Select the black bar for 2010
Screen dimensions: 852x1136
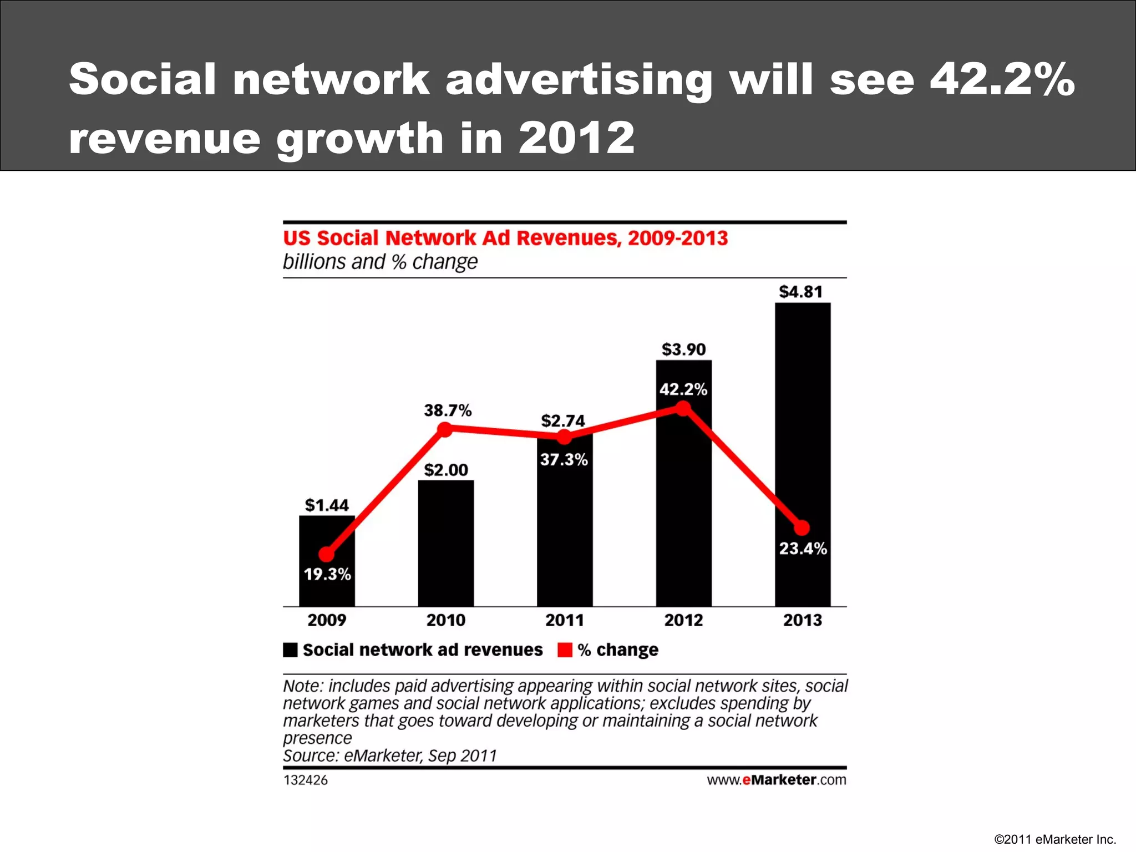click(446, 544)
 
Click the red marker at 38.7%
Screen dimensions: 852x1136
click(445, 429)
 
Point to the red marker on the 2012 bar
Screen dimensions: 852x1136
click(683, 409)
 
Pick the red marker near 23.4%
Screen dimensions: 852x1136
click(802, 528)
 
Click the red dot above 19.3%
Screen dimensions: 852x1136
click(327, 554)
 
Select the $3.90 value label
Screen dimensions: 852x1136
click(683, 349)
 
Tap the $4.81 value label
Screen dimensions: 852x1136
click(801, 292)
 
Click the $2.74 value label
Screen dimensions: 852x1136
click(563, 421)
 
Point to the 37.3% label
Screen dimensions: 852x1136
click(564, 460)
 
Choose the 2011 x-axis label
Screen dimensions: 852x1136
click(564, 620)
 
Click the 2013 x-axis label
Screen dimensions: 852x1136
click(802, 620)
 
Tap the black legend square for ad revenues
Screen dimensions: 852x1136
click(290, 650)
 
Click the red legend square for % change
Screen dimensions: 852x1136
click(565, 650)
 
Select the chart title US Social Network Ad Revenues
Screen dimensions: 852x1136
click(505, 238)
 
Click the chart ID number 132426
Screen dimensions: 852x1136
click(306, 780)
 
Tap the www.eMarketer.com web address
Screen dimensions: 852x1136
click(776, 780)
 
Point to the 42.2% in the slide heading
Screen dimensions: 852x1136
click(1002, 79)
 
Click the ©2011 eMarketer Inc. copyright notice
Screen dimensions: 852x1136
click(1054, 839)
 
